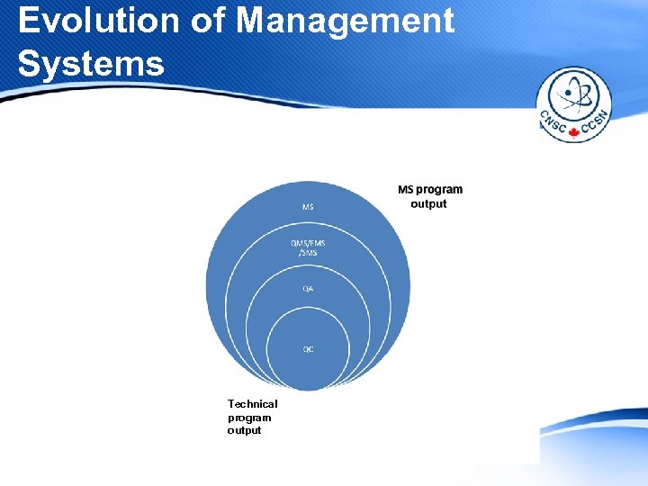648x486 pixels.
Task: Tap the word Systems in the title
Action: tap(91, 63)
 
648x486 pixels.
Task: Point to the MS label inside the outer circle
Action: tap(308, 207)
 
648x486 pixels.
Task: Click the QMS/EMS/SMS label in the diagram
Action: tap(308, 247)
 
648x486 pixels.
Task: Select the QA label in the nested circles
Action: tap(308, 289)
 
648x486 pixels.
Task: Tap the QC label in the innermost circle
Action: tap(308, 349)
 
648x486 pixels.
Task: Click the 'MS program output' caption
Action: tap(429, 196)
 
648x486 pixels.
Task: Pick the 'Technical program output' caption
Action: tap(252, 417)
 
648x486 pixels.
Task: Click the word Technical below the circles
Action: tap(252, 404)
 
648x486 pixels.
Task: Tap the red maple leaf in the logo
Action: tap(573, 133)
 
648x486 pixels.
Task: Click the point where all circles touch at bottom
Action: tap(308, 391)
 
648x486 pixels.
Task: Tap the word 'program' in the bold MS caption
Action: tap(440, 190)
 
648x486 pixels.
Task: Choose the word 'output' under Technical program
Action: tap(244, 430)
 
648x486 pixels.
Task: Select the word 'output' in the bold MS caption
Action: tap(428, 203)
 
